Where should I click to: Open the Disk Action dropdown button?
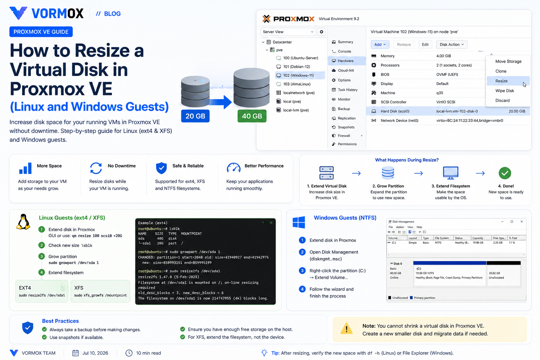click(x=451, y=45)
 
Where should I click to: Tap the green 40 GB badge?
click(x=252, y=116)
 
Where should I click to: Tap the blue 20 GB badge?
click(x=195, y=116)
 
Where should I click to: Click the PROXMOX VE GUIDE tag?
click(x=41, y=32)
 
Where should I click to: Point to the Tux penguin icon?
click(x=23, y=221)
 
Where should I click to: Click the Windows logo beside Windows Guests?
click(x=299, y=222)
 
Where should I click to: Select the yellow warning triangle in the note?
click(x=346, y=328)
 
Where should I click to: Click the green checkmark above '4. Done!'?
click(x=505, y=173)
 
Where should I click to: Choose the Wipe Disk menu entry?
click(x=504, y=91)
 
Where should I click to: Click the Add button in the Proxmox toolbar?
click(x=380, y=45)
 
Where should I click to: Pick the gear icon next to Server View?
click(x=321, y=32)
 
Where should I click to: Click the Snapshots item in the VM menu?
click(x=346, y=127)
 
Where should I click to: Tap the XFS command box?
click(x=100, y=291)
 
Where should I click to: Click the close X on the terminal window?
click(x=271, y=223)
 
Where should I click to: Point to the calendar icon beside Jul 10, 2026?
click(x=76, y=353)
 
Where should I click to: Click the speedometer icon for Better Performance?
click(x=233, y=168)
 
